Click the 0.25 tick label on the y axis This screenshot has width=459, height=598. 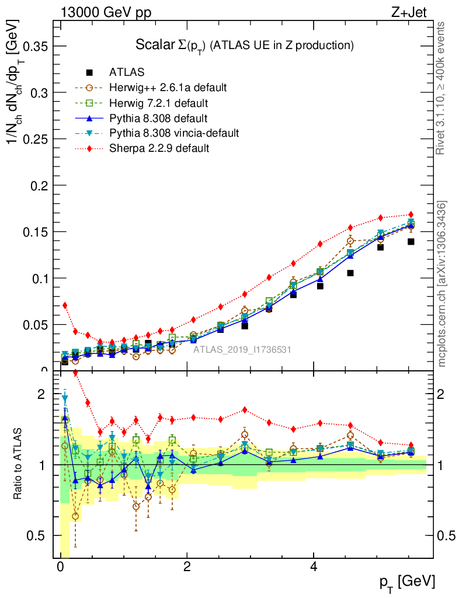[x=36, y=139]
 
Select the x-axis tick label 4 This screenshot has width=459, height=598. [x=314, y=567]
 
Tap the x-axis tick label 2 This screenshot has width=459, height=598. [x=187, y=567]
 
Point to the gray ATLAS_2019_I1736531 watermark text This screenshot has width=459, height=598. [x=242, y=349]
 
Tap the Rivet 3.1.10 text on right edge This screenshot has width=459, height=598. [x=441, y=88]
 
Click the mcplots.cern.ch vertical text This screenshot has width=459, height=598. [x=442, y=284]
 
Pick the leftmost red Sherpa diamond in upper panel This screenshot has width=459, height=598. [x=65, y=305]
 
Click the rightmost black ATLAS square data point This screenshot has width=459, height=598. [x=411, y=242]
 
